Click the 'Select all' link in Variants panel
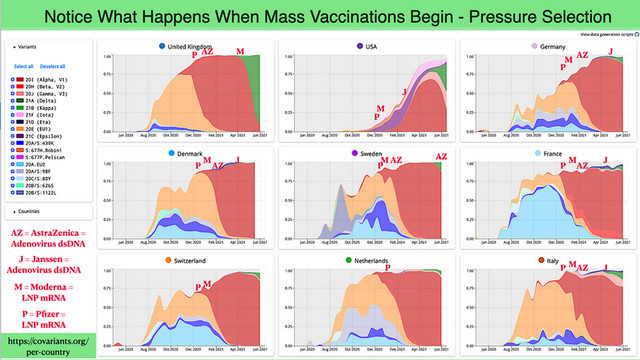[23, 66]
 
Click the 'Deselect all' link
[51, 66]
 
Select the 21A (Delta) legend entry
[34, 97]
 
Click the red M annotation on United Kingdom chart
[239, 51]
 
